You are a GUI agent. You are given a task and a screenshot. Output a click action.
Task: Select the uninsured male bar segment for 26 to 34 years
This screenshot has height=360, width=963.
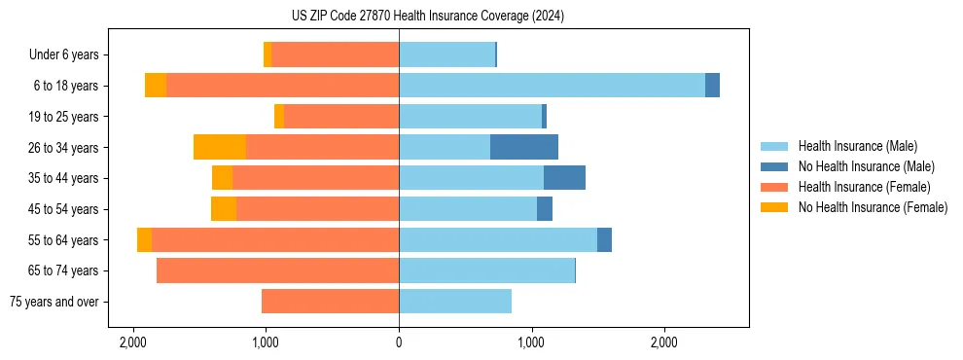pyautogui.click(x=524, y=147)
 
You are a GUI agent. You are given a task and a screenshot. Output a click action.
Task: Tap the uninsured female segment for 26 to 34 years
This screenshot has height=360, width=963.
pyautogui.click(x=220, y=147)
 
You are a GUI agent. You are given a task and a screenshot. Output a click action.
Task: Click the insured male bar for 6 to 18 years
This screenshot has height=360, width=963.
pyautogui.click(x=552, y=86)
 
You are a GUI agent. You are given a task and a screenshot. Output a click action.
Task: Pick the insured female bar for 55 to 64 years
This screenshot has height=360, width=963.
pyautogui.click(x=275, y=239)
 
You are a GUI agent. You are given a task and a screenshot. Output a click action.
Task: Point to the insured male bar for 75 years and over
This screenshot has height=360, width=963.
pyautogui.click(x=455, y=302)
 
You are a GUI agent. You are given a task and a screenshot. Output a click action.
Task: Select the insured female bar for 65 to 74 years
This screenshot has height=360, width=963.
pyautogui.click(x=277, y=270)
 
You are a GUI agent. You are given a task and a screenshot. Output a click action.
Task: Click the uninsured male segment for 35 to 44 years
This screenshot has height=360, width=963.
pyautogui.click(x=564, y=178)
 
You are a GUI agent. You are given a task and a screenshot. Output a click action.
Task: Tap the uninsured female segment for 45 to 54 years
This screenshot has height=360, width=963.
pyautogui.click(x=224, y=209)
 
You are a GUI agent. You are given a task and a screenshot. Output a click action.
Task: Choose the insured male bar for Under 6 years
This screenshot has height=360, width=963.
pyautogui.click(x=446, y=54)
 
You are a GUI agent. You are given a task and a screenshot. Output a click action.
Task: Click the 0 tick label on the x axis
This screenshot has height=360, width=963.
pyautogui.click(x=399, y=342)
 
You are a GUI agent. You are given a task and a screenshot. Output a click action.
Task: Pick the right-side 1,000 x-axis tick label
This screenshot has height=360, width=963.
pyautogui.click(x=531, y=342)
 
